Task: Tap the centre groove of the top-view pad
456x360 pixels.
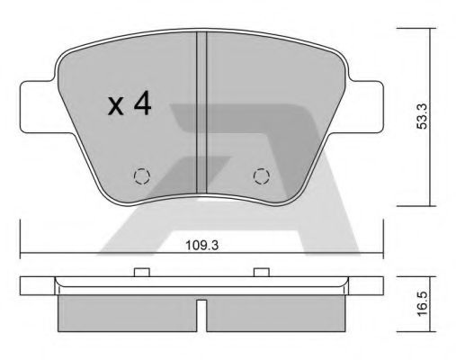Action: [x=202, y=117]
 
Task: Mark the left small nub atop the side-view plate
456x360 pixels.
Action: [x=139, y=272]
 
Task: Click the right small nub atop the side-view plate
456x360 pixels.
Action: [x=262, y=272]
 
